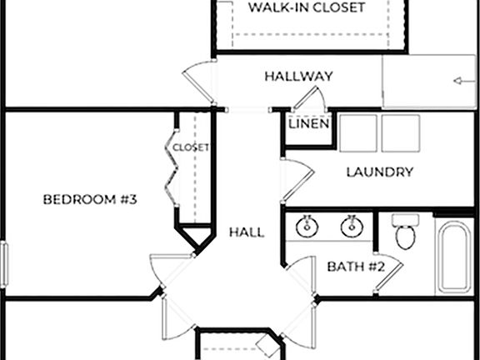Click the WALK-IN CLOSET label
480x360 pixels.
click(x=307, y=7)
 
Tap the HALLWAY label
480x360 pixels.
click(x=298, y=77)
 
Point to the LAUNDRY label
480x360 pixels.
click(x=379, y=172)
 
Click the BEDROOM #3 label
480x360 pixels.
click(x=89, y=199)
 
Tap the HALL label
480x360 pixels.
click(x=247, y=232)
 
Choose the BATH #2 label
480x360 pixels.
click(x=355, y=267)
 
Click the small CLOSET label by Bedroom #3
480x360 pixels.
click(x=191, y=147)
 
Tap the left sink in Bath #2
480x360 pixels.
click(x=307, y=225)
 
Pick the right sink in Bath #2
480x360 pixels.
click(x=351, y=225)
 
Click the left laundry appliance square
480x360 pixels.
click(x=358, y=132)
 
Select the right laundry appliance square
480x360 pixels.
click(x=400, y=132)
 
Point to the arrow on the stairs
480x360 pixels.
click(x=457, y=81)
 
